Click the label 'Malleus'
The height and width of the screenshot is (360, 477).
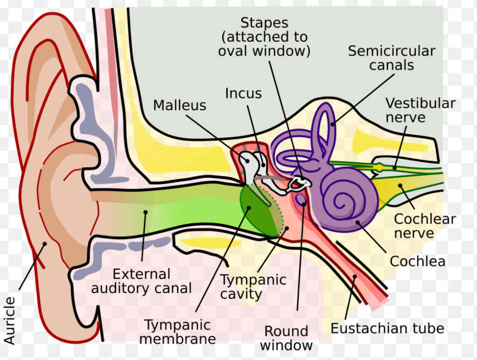click(179, 105)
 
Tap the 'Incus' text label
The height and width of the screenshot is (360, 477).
click(243, 93)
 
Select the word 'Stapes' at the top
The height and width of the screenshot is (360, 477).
click(264, 22)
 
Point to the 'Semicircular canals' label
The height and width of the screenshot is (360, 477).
click(391, 58)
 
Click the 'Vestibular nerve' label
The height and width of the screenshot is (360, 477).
click(420, 110)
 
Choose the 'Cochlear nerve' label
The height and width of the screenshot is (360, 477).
click(424, 226)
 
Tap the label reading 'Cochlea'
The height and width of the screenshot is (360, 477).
click(417, 261)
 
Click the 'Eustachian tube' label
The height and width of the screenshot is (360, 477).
click(387, 328)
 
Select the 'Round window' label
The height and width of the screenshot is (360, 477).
click(286, 338)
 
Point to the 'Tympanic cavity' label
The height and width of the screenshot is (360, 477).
click(253, 286)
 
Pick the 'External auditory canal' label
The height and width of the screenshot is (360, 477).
click(141, 281)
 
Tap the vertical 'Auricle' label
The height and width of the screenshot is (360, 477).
click(10, 320)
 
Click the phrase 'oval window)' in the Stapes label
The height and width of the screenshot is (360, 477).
click(264, 51)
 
